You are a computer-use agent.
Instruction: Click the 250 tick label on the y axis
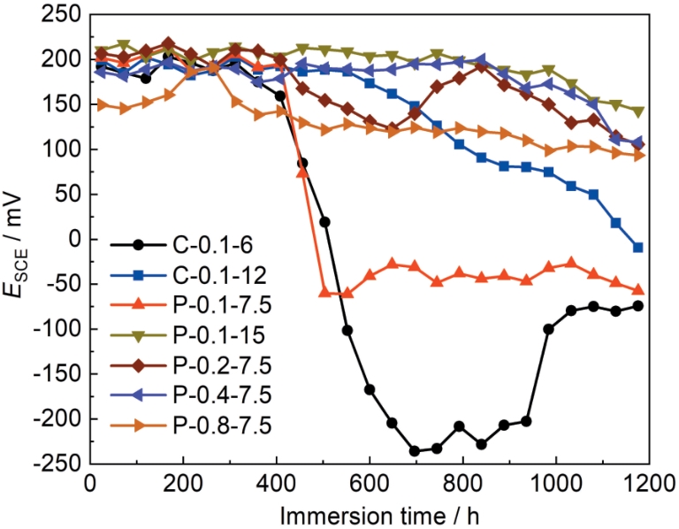62,15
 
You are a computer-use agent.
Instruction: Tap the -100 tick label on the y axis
58,329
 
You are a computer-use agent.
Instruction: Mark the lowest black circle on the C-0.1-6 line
414,451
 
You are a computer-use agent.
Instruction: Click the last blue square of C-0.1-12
638,248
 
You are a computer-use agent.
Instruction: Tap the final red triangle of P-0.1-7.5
638,290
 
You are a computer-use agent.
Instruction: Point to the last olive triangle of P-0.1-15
638,112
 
